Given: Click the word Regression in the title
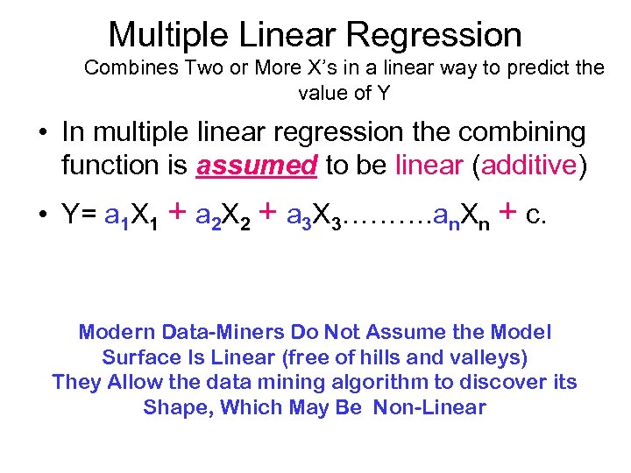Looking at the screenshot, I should click(435, 35).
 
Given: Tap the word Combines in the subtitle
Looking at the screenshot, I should click(125, 68).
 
